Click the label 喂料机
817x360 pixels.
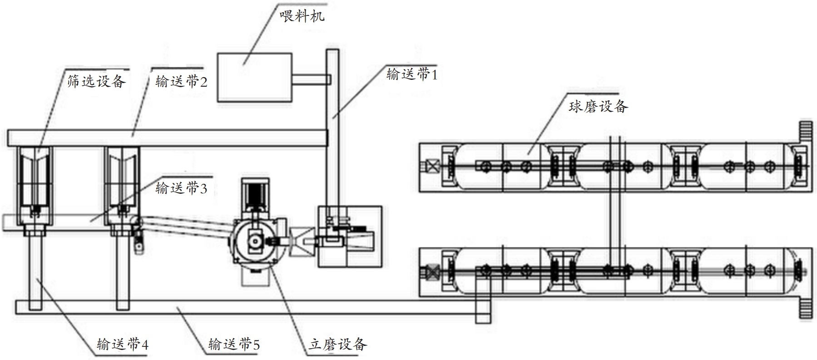(302, 17)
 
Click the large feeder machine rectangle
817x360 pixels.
(254, 77)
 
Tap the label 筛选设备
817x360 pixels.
(96, 81)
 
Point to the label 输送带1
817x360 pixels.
(412, 74)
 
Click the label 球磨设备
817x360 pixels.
(598, 107)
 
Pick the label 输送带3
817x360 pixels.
(181, 188)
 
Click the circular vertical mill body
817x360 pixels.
(257, 241)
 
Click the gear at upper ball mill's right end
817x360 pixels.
(806, 132)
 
